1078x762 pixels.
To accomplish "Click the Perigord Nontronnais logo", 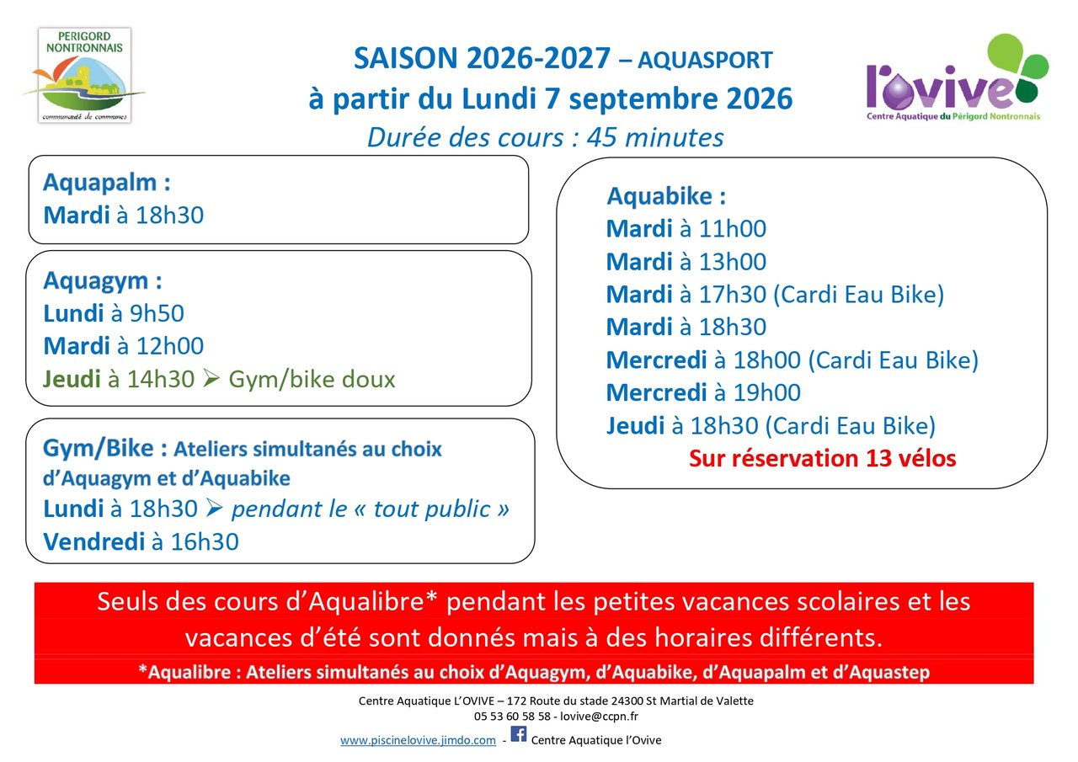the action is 83,75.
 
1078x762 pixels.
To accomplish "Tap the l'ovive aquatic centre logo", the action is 957,77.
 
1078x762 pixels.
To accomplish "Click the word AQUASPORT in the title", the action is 705,60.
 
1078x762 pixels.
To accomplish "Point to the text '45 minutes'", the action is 655,137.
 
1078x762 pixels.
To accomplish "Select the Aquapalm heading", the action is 106,183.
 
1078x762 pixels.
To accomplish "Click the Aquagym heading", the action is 102,280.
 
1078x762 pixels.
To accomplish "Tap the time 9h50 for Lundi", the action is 157,313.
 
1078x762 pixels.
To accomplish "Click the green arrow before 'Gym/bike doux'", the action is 211,378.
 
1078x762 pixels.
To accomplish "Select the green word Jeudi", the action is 72,379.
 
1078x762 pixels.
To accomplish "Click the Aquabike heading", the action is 665,196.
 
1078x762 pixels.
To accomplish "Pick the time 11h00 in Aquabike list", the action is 732,228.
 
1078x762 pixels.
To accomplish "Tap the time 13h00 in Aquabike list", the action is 732,262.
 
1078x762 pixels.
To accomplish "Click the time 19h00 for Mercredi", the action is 766,392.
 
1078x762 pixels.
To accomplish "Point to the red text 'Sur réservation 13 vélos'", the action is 823,458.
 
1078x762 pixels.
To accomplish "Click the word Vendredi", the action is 93,541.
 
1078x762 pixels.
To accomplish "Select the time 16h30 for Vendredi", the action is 205,541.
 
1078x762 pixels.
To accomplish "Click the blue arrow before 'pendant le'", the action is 214,508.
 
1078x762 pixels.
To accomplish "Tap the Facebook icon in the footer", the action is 518,734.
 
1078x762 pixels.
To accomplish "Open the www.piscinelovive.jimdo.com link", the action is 418,740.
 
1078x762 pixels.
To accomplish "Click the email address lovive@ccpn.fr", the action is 599,717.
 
